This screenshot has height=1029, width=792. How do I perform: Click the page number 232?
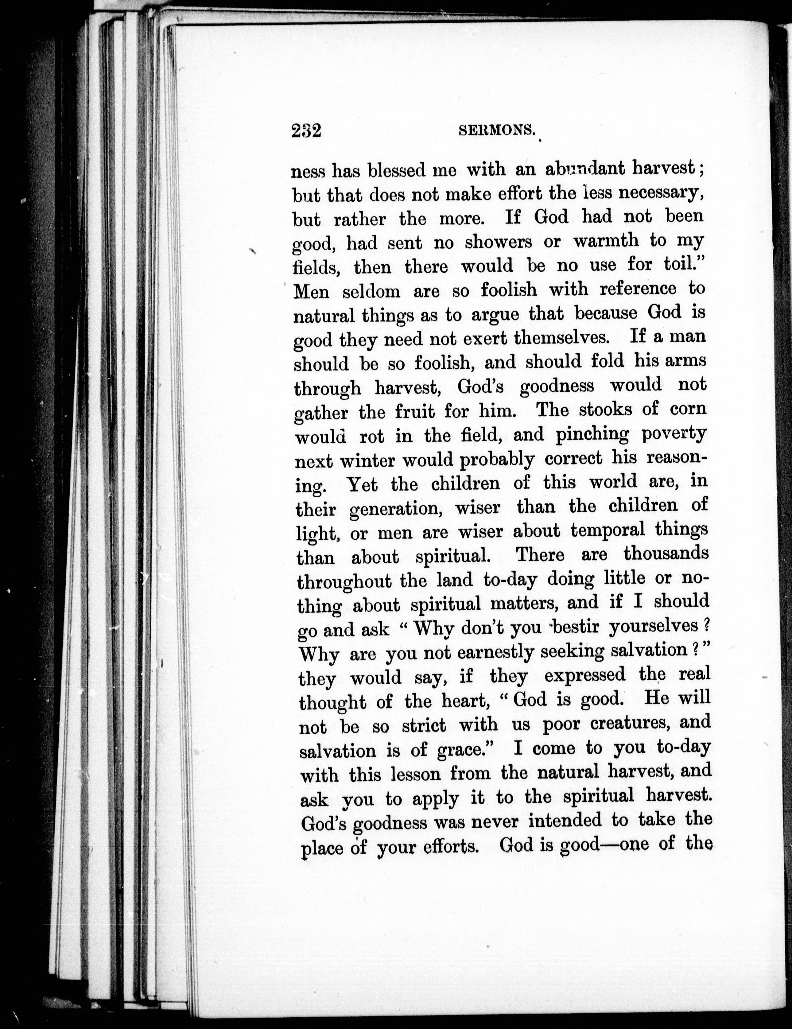(x=306, y=130)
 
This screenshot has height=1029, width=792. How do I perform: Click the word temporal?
(x=607, y=530)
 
